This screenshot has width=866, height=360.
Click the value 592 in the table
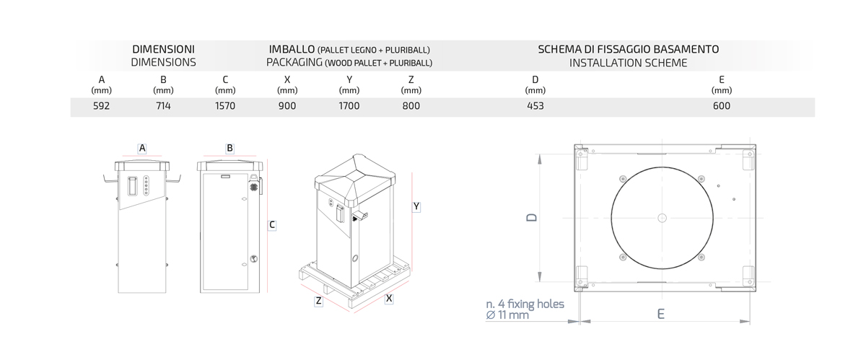(x=101, y=106)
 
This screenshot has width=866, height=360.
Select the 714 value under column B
(x=163, y=106)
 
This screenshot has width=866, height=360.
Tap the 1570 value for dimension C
(x=225, y=106)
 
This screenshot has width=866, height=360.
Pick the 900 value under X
(x=287, y=106)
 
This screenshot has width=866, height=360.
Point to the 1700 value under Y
(x=349, y=106)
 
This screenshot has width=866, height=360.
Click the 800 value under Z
(x=411, y=106)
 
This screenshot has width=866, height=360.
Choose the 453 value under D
(x=535, y=106)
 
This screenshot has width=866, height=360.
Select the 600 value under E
(x=722, y=106)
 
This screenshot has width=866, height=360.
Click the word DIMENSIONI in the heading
(x=164, y=50)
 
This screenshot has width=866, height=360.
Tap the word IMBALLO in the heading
(x=292, y=50)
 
